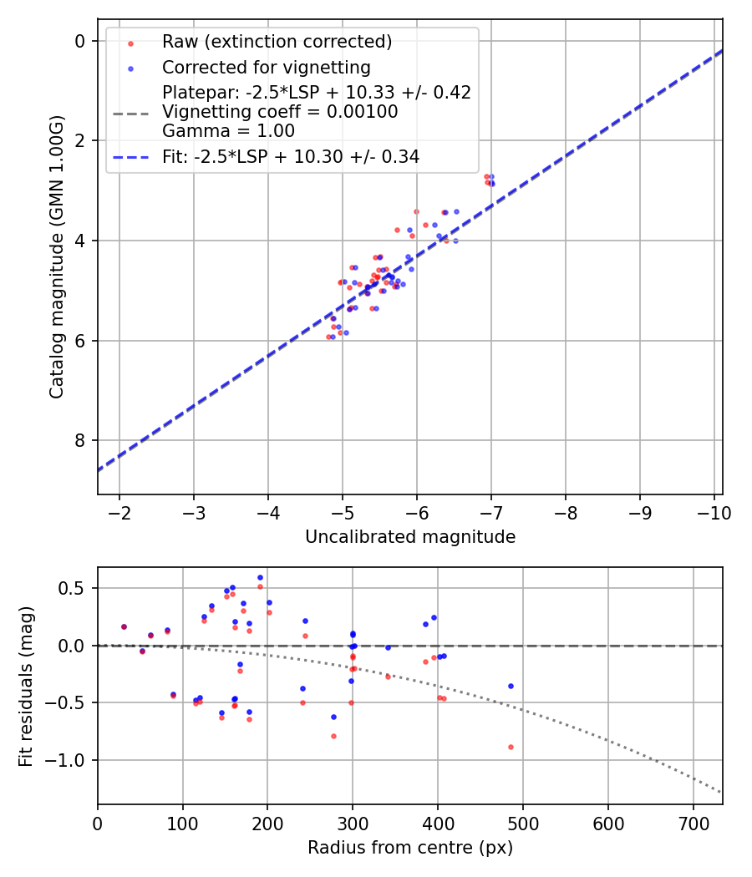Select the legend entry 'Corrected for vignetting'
(x=266, y=68)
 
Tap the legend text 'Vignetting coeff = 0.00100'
(x=280, y=112)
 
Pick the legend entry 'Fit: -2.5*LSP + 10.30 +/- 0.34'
(x=290, y=156)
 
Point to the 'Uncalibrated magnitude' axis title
(x=409, y=537)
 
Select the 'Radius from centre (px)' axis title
(x=409, y=848)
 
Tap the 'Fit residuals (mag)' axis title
(x=26, y=686)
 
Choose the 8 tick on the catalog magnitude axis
(x=80, y=440)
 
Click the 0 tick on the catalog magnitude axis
(x=80, y=41)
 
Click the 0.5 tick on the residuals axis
(x=75, y=588)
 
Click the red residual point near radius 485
(x=511, y=747)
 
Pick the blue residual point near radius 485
(x=511, y=686)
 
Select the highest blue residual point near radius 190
(x=260, y=577)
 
